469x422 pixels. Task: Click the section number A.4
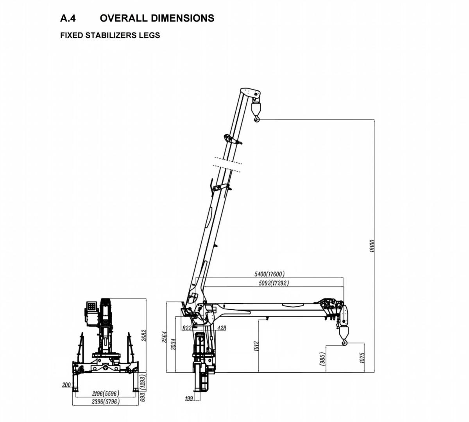(x=68, y=18)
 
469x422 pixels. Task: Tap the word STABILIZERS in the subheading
(x=111, y=35)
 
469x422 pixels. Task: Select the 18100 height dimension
(x=372, y=246)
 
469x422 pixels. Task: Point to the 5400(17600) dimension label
(x=269, y=274)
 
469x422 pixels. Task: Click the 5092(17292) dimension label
(x=274, y=283)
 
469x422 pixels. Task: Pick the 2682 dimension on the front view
(x=144, y=336)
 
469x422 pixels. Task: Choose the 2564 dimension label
(x=165, y=337)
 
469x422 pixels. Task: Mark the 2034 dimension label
(x=173, y=345)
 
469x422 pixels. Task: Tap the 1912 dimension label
(x=256, y=347)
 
